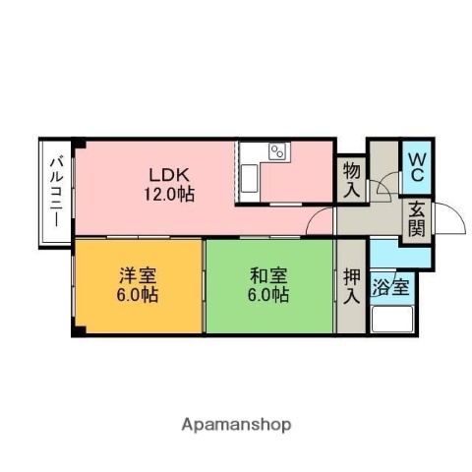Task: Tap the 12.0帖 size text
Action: click(169, 194)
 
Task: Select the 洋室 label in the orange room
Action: click(139, 274)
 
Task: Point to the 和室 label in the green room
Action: click(268, 274)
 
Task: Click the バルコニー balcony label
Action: click(56, 191)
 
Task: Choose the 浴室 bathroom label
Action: click(392, 289)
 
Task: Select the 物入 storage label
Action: click(352, 180)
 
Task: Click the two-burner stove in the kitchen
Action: click(276, 152)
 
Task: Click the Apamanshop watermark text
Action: click(236, 425)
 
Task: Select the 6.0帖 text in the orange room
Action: click(139, 294)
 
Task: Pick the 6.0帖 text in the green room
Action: click(268, 294)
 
